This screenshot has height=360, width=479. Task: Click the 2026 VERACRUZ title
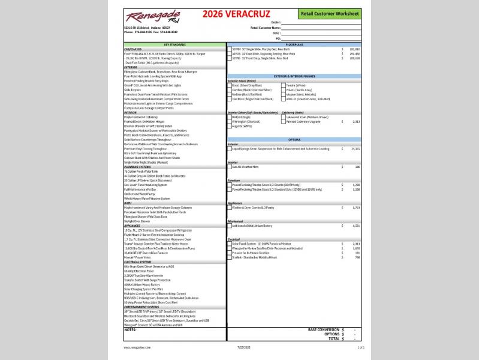click(227, 14)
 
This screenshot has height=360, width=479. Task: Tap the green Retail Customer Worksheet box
click(329, 13)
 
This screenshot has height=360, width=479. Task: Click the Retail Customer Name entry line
click(321, 28)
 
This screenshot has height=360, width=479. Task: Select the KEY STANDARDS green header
click(175, 44)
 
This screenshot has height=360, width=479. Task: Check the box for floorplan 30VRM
click(230, 49)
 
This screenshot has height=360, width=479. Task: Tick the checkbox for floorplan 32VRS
click(230, 58)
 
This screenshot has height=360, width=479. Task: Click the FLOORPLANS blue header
click(294, 44)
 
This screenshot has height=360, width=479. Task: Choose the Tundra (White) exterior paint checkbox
click(284, 85)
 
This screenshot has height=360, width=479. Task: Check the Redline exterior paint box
click(230, 94)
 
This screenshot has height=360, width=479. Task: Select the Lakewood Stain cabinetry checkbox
click(284, 117)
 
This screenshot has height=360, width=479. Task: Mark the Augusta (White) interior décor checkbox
click(230, 126)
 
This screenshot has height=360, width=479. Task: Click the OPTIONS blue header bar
click(294, 139)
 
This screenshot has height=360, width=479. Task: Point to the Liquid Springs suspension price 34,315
click(354, 148)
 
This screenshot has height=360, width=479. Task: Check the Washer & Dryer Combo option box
click(230, 207)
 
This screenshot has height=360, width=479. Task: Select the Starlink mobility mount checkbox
click(230, 257)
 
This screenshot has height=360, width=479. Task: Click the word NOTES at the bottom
click(130, 329)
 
